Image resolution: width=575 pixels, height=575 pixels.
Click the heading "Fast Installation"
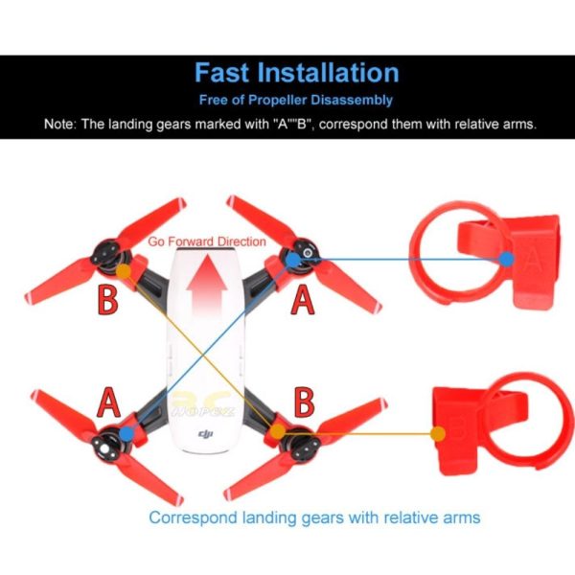pos(297,72)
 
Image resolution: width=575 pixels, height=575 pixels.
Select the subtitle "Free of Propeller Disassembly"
pos(295,100)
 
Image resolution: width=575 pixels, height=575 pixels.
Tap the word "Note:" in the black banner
pos(60,124)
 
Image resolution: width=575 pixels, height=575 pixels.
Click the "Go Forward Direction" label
pos(207,241)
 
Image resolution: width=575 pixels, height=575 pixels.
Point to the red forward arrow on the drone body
pos(207,286)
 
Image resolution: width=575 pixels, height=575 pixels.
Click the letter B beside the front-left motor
pos(107,300)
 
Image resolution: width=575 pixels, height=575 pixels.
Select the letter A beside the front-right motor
pos(302,299)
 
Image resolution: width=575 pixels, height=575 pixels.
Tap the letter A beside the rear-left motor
pos(108,402)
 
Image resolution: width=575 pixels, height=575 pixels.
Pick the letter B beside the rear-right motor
pos(304,402)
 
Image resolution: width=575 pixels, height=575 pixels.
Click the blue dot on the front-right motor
pos(292,260)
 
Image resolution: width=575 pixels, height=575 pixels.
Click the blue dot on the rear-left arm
pos(126,433)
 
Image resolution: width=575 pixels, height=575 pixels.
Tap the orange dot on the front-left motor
pos(124,270)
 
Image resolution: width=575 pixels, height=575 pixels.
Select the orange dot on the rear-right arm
pos(278,431)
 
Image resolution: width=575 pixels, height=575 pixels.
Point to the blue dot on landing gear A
pos(506,260)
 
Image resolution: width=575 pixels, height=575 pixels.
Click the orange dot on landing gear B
pos(438,434)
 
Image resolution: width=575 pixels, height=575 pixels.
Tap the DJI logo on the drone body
pos(205,434)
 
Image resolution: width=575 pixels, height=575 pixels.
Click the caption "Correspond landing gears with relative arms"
pos(314,517)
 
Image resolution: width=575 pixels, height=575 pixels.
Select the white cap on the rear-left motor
pos(104,449)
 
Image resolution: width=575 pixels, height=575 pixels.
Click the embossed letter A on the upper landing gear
pos(533,260)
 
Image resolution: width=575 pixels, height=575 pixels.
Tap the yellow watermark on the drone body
pos(203,404)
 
